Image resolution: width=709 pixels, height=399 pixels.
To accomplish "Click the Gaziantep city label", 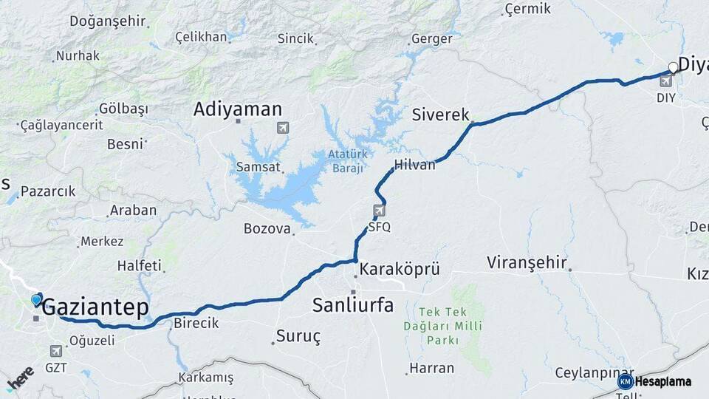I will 95,308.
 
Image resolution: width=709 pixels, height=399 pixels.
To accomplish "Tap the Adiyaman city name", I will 237,110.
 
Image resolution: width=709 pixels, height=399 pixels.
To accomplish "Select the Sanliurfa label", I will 353,304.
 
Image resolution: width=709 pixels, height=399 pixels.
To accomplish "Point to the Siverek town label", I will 441,115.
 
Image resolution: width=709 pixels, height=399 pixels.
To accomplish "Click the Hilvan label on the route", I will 415,165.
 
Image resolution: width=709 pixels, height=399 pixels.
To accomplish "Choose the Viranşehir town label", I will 527,262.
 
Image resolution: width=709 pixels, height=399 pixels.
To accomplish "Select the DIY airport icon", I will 666,81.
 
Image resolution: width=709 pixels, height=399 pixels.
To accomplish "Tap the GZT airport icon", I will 56,351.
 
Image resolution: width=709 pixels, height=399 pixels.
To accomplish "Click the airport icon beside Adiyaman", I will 283,128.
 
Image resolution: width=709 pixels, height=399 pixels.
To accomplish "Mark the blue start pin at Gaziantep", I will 37,299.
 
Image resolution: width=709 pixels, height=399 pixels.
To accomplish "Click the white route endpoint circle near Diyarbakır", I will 673,67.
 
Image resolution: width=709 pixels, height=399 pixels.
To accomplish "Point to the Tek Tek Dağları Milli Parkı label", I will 442,326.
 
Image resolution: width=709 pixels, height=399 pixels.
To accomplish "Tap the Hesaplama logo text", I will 663,381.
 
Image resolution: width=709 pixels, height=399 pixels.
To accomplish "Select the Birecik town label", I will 196,323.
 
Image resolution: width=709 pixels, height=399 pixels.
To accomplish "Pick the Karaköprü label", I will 400,269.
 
